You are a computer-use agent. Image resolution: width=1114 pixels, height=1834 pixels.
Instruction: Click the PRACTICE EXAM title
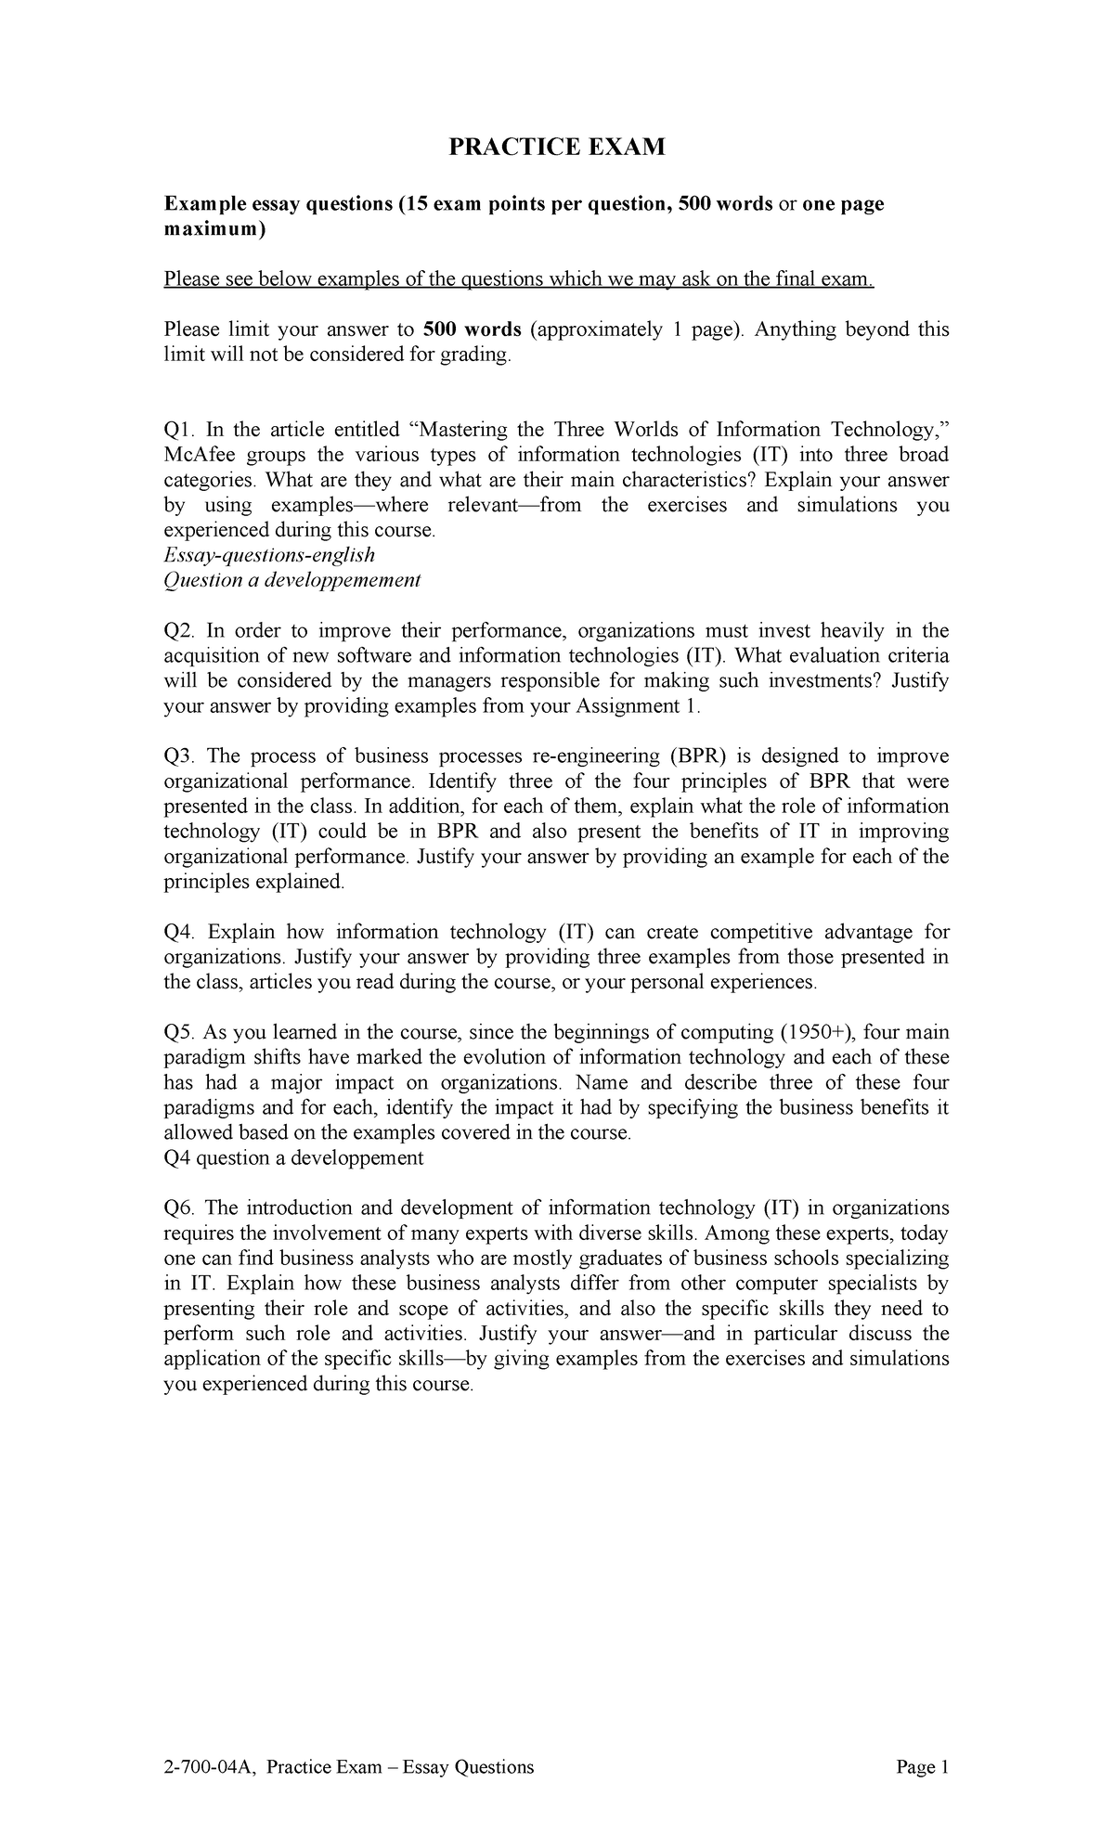(x=557, y=147)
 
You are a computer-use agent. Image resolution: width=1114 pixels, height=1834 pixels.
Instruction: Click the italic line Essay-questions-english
(x=269, y=555)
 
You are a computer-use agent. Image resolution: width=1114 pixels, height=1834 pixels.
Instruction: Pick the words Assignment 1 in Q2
(x=636, y=706)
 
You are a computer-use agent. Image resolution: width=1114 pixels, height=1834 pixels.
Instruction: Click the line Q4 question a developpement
(x=293, y=1157)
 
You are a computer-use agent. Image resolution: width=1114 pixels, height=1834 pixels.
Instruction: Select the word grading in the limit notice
(x=477, y=355)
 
